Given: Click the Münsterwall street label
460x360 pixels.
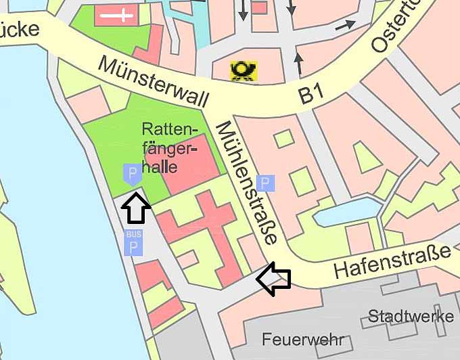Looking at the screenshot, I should [152, 78].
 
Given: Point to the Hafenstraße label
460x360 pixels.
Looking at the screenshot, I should [392, 263].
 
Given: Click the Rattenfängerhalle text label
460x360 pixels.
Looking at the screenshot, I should [170, 147].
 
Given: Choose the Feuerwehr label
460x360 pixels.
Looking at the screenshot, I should [294, 339].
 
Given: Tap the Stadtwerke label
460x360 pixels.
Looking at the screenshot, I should [411, 317].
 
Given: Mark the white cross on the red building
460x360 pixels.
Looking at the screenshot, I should [118, 16].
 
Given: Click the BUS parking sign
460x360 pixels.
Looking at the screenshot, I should [133, 243].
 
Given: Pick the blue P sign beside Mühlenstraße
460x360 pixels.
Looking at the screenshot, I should [267, 183].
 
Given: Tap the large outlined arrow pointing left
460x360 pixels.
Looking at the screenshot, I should [274, 279].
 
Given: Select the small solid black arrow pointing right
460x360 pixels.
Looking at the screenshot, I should [345, 25].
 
